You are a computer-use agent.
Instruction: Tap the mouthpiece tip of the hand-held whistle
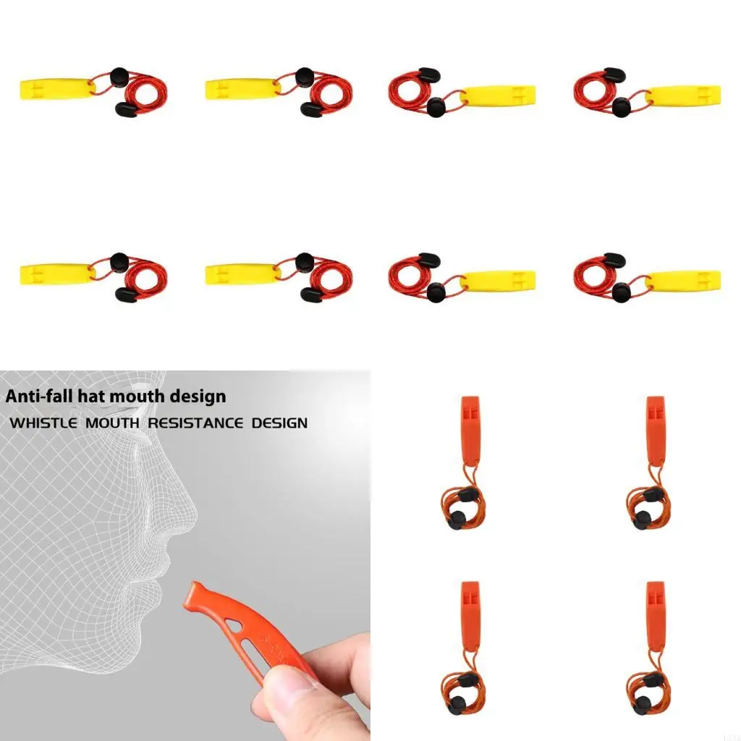tap(194, 590)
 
